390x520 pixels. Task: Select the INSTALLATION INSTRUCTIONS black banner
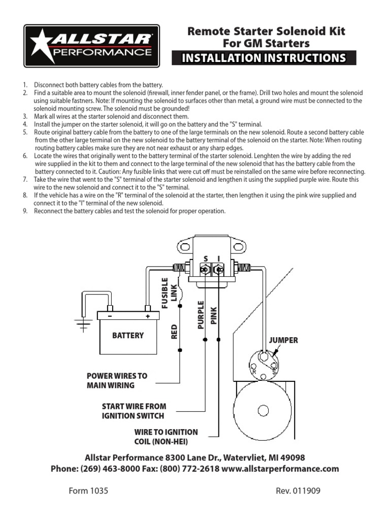(x=264, y=58)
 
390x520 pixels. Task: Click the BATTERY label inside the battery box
(x=128, y=335)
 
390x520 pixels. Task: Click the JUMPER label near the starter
(x=284, y=340)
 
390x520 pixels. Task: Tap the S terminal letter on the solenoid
(x=206, y=258)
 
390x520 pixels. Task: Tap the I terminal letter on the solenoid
(x=218, y=258)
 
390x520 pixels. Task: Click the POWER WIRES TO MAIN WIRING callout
(x=117, y=380)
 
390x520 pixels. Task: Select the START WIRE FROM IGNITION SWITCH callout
(x=134, y=411)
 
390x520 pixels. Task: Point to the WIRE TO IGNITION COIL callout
(x=166, y=436)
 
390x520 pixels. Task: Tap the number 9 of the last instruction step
(x=24, y=211)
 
